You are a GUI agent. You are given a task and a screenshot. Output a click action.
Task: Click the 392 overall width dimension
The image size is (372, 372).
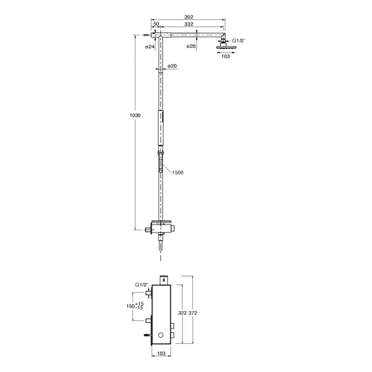(189, 17)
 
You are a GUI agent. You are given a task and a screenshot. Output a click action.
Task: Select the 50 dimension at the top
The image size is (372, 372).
(156, 24)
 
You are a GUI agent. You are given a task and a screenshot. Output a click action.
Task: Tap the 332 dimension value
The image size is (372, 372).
(189, 24)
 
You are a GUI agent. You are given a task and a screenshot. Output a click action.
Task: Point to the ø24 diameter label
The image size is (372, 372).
(150, 47)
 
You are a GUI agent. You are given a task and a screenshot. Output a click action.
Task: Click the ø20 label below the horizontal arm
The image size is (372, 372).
(191, 46)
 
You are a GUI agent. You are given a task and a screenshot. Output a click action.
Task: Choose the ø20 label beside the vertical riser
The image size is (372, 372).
(172, 66)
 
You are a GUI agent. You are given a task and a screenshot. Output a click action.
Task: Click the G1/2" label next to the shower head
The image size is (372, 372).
(239, 40)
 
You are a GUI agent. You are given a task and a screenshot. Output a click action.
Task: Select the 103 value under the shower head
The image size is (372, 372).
(226, 56)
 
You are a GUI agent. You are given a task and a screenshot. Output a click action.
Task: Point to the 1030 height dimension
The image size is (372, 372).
(135, 115)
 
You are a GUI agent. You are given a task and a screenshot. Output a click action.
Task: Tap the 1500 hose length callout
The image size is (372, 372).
(178, 173)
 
